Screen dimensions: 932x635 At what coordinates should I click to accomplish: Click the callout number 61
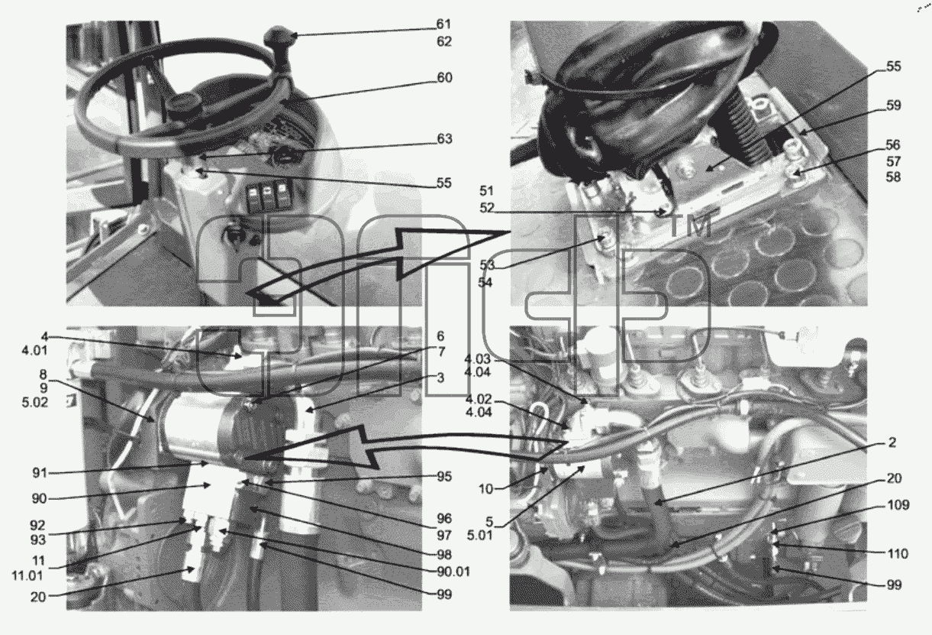pos(443,24)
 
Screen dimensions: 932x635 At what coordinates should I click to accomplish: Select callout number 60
pos(444,77)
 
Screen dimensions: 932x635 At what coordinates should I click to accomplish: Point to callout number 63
pos(444,138)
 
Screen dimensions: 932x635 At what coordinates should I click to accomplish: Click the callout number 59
pos(893,105)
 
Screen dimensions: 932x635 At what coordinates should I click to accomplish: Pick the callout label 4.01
pos(34,351)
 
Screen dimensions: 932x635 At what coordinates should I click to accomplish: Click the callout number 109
pos(898,505)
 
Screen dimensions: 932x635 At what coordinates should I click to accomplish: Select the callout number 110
pos(897,554)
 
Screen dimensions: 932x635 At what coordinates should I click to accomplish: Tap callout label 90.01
pos(453,572)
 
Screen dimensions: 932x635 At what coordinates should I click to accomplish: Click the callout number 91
pos(40,473)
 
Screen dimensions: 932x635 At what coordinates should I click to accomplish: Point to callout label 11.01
pos(27,576)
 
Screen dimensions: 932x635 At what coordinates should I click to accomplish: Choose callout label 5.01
pos(479,536)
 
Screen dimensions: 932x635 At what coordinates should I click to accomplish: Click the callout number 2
pos(892,442)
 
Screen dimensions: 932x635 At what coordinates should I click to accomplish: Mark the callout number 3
pos(440,377)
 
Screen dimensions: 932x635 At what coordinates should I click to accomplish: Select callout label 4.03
pos(477,359)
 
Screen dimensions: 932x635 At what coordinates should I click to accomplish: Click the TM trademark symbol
pos(690,227)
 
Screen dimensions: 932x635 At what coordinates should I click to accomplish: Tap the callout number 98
pos(444,555)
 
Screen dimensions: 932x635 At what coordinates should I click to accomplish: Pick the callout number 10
pos(485,489)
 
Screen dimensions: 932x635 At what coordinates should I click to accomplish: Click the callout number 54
pos(485,282)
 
